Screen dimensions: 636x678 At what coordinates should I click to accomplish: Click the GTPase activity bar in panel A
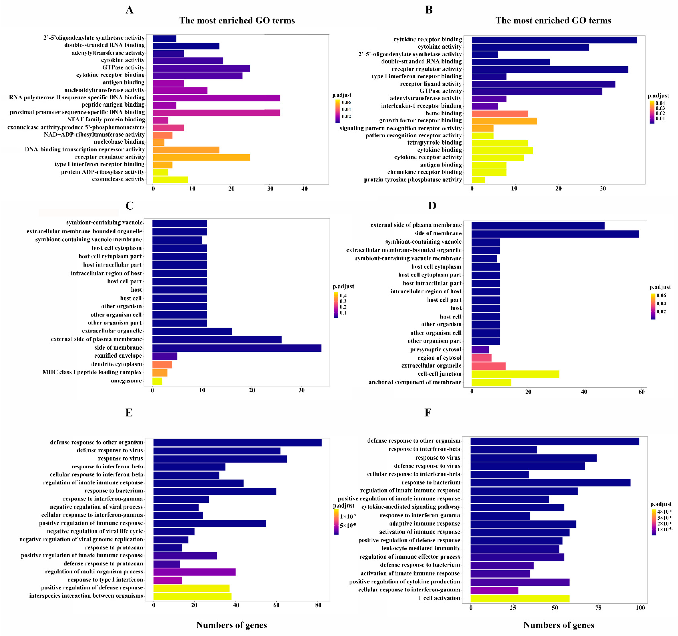pos(201,68)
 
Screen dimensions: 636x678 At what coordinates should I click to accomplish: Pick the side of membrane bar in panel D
pos(555,234)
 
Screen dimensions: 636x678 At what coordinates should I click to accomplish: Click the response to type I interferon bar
pos(168,580)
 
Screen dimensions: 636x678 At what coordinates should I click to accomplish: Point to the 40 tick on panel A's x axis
pos(304,189)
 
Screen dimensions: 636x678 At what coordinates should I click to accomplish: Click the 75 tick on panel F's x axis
pos(598,608)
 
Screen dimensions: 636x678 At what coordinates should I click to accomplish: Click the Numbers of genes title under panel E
pos(232,625)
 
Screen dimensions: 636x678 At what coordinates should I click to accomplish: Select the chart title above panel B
pos(553,20)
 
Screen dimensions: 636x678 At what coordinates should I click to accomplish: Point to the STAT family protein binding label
pos(106,119)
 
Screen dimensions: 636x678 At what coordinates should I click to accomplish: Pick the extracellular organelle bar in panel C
pos(192,331)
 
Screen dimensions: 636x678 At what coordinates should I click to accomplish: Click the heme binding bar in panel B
pos(500,113)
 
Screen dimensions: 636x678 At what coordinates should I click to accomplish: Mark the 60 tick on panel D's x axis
pos(641,392)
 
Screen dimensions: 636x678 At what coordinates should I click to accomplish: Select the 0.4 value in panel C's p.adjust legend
pos(343,296)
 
